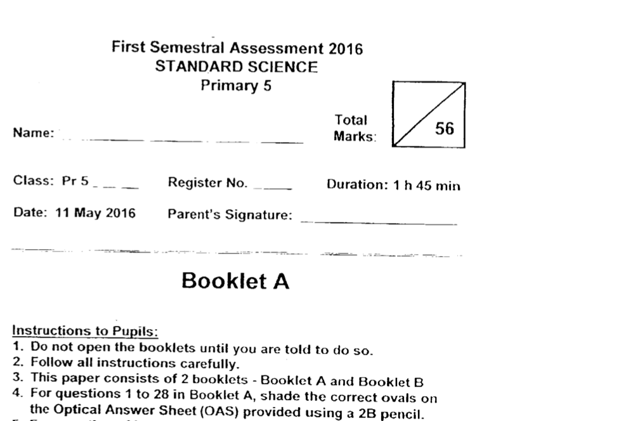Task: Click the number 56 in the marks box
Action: point(445,128)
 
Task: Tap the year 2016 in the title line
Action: point(346,48)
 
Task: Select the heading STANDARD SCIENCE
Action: point(237,67)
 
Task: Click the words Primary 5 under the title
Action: point(236,87)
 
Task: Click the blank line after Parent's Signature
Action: point(379,223)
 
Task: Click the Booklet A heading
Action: point(235,281)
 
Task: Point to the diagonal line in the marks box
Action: point(429,114)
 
